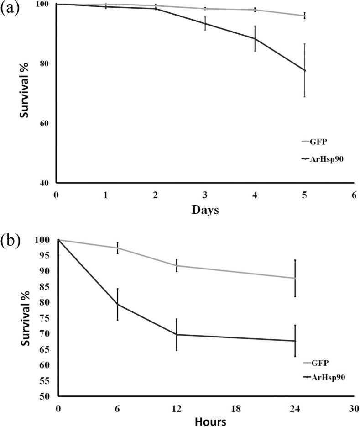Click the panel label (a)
(x=10, y=9)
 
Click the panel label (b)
(x=10, y=240)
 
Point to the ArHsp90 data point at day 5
(x=304, y=70)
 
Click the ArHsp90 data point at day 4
(x=255, y=38)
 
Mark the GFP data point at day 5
(x=304, y=16)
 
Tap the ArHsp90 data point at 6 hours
(x=117, y=304)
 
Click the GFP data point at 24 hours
(x=295, y=278)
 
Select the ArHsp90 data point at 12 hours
(x=177, y=334)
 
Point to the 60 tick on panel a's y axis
(x=47, y=123)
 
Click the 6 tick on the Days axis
(x=354, y=195)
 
